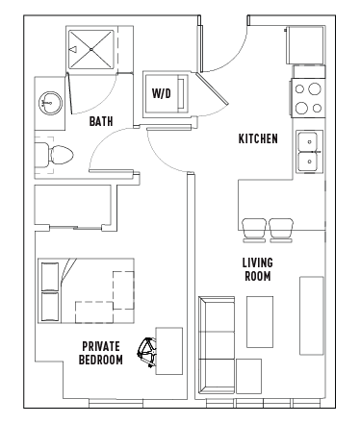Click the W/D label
(162, 93)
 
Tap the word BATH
(101, 121)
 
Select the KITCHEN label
(258, 138)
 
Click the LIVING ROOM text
(258, 269)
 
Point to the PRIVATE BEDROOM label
(101, 353)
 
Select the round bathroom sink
(50, 103)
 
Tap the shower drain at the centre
(91, 49)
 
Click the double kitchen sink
(309, 152)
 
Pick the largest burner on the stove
(315, 88)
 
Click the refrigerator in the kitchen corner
(305, 45)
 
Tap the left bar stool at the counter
(254, 231)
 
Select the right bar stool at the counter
(281, 231)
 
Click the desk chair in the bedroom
(147, 352)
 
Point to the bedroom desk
(169, 351)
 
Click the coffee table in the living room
(260, 322)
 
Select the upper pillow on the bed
(50, 277)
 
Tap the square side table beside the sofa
(248, 376)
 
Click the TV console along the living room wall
(312, 315)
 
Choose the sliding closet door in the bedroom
(76, 228)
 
